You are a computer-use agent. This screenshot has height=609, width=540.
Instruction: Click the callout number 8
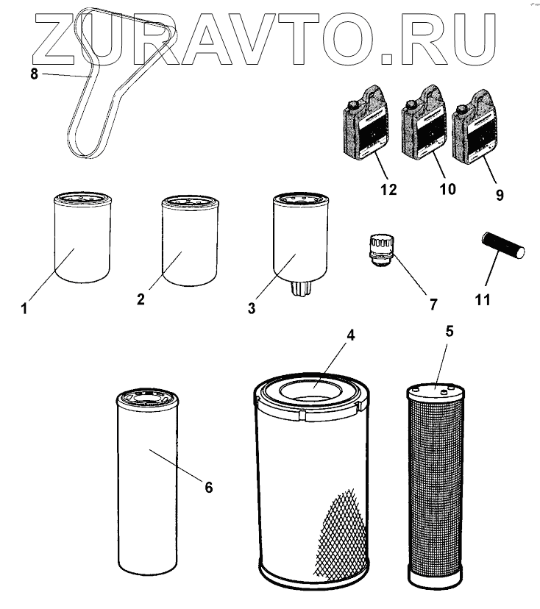point(34,73)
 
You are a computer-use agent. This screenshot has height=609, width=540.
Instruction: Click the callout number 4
point(351,335)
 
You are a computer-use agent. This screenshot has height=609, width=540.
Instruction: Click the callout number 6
point(208,487)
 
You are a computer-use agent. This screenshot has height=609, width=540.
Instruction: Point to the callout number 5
point(450,330)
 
